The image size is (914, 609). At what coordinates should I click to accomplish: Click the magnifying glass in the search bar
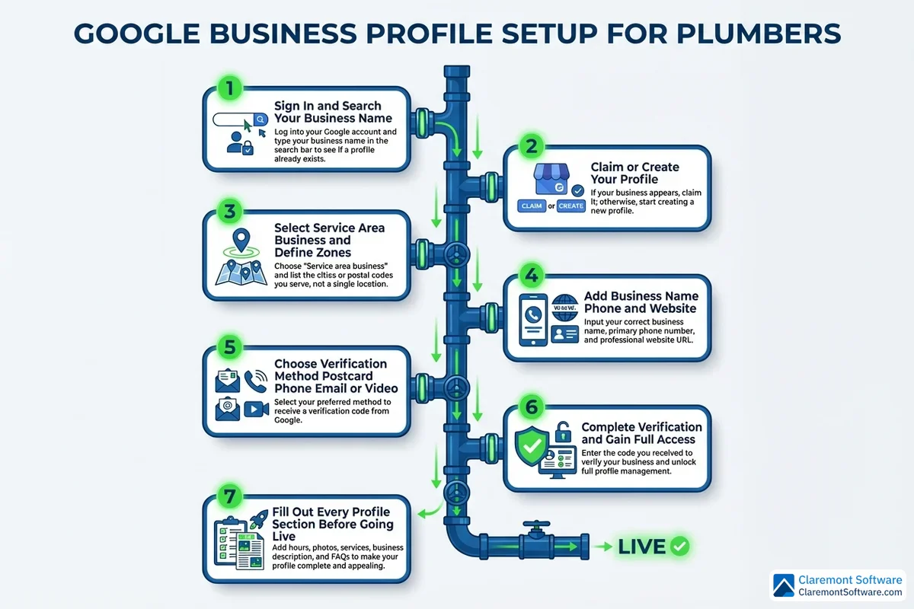(260, 120)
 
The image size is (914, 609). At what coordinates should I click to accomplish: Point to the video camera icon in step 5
(252, 410)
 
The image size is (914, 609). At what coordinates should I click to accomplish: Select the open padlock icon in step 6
(563, 431)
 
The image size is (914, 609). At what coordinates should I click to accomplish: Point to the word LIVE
(642, 547)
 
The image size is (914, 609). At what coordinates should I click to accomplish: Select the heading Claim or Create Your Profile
(634, 173)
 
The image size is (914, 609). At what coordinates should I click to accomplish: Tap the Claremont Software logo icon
(785, 585)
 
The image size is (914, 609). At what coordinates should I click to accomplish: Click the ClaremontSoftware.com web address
(850, 592)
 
